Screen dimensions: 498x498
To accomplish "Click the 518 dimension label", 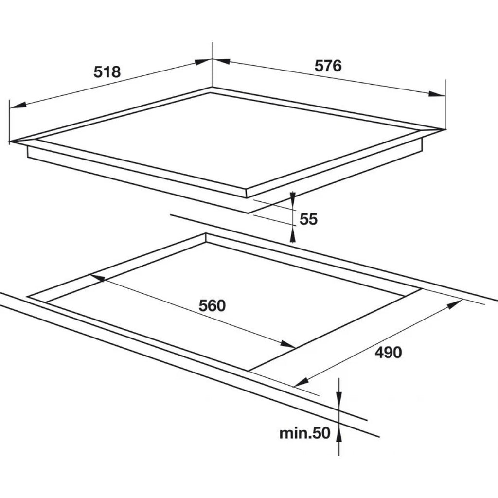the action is pos(107,72).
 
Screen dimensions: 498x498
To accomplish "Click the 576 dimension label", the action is pos(328,66).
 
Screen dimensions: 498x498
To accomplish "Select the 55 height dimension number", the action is pos(308,219).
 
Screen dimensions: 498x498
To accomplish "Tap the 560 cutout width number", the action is pos(212,305).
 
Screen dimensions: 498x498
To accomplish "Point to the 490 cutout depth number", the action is pos(388,352).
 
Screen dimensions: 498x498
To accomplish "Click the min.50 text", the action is pos(304,433).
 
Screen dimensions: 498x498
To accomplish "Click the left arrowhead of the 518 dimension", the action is pos(18,105).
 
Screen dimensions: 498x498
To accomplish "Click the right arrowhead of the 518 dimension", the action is pos(203,61).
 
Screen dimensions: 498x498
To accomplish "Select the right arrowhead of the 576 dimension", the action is pos(437,94).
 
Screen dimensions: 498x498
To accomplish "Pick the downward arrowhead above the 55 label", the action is pos(292,197).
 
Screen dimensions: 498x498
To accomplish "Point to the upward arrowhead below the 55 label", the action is pos(292,237).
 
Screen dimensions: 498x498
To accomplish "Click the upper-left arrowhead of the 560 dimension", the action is pos(97,278).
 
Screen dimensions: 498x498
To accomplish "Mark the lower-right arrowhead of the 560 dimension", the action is pos(288,344).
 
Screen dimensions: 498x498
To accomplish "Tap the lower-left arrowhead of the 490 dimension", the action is pos(301,382).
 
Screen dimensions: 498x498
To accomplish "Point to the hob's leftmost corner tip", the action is pos(10,142).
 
